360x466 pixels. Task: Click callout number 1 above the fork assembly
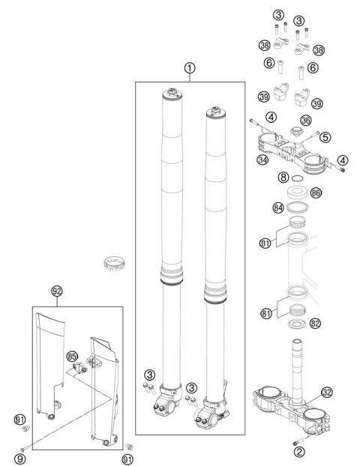click(x=190, y=68)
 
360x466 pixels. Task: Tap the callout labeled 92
click(x=57, y=291)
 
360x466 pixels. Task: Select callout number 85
click(x=72, y=357)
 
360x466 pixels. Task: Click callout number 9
click(x=19, y=459)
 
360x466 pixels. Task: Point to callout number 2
click(x=299, y=452)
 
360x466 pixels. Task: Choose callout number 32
click(x=327, y=393)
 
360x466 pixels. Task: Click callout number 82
click(x=315, y=323)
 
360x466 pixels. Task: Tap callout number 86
click(x=316, y=193)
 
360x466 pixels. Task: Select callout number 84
click(x=278, y=208)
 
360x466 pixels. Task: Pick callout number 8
click(x=283, y=178)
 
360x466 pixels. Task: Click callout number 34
click(x=262, y=160)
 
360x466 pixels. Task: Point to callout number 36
click(x=306, y=121)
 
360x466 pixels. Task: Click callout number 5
click(x=325, y=137)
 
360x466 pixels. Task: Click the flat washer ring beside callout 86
click(x=297, y=192)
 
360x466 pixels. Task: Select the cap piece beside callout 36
click(x=296, y=130)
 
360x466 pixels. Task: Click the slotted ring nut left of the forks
click(x=115, y=262)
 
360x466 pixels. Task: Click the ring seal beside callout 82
click(x=297, y=324)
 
